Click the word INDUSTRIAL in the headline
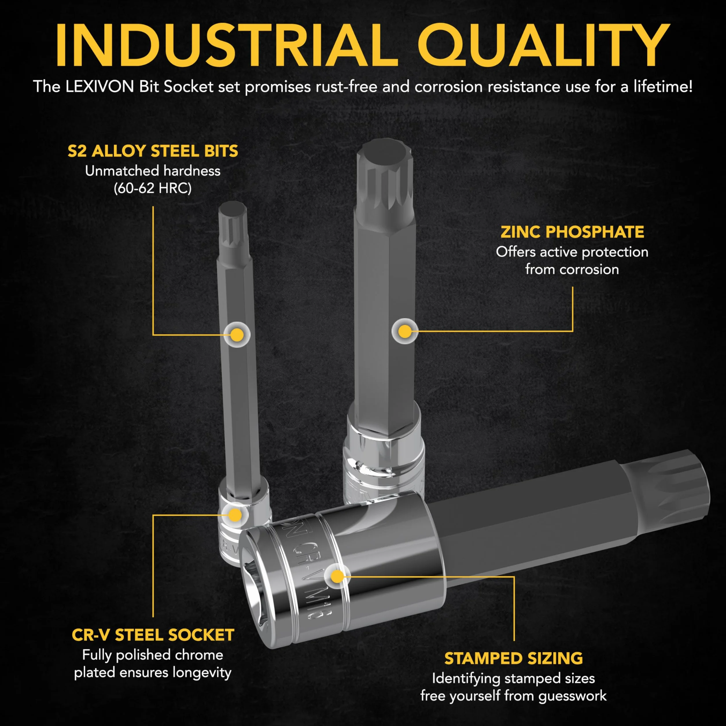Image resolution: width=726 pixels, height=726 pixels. [226, 45]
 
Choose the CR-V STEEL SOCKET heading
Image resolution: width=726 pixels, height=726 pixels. [153, 635]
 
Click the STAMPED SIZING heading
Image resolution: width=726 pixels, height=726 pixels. [513, 659]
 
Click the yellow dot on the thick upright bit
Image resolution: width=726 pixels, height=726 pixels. [405, 331]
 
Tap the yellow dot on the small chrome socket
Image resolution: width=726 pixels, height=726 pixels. [235, 515]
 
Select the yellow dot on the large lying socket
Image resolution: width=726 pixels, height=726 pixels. [338, 576]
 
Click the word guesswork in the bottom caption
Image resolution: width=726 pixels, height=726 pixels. [572, 696]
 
